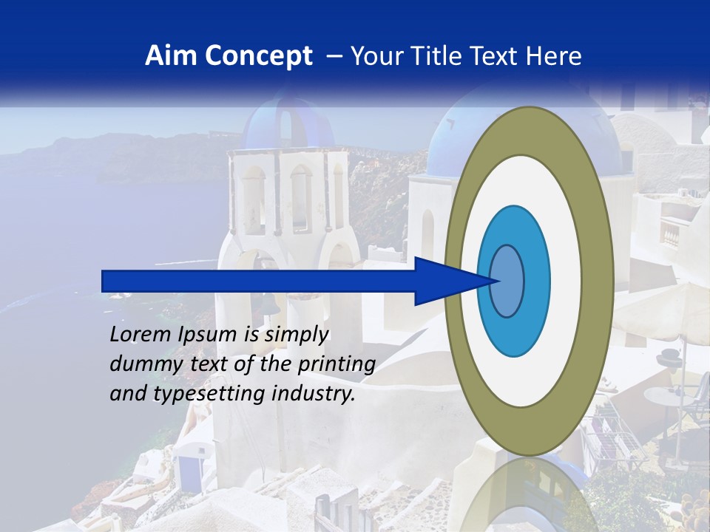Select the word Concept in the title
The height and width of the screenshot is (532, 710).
coord(259,56)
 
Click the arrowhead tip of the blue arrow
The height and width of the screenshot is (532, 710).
coord(499,281)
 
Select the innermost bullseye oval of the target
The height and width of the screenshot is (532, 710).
coord(507,282)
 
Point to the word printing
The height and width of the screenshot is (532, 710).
coord(336,364)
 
